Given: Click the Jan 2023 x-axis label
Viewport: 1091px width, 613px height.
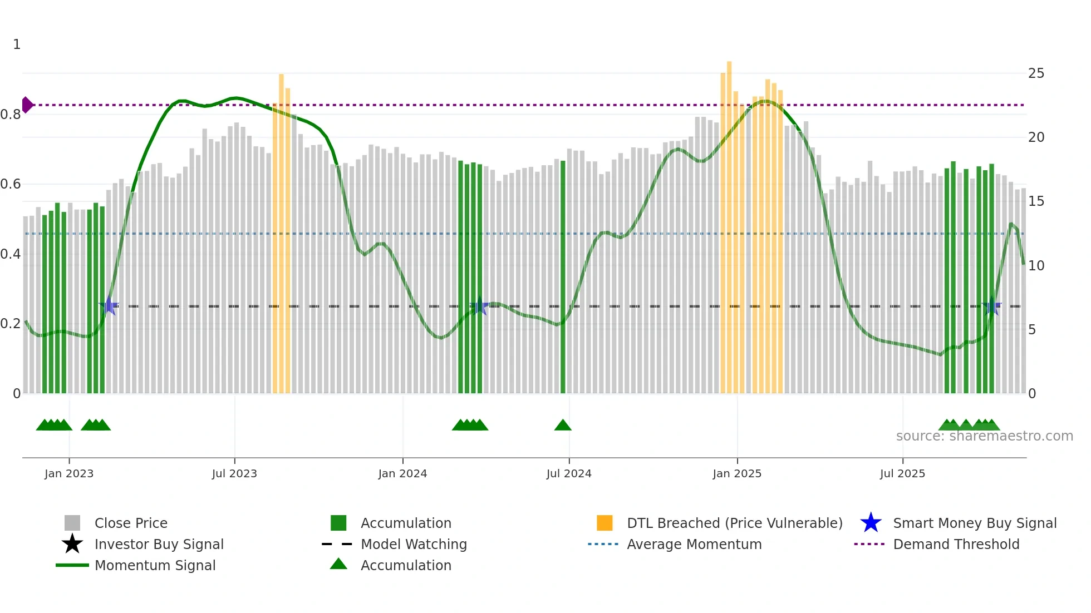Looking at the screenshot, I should [69, 474].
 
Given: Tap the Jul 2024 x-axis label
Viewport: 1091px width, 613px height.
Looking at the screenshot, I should [569, 474].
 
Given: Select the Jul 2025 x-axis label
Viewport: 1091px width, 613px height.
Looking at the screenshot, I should [902, 474].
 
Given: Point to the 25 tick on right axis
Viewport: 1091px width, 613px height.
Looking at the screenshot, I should [1036, 73].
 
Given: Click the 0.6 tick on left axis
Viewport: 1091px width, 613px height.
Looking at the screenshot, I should [11, 184].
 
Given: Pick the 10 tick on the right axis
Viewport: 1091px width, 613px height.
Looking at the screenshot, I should [1036, 266].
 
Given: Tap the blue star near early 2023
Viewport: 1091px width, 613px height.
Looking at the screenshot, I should [109, 305].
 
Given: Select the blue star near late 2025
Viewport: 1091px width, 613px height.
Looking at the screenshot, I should [991, 305].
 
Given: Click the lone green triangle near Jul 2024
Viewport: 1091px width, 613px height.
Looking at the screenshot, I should [563, 426].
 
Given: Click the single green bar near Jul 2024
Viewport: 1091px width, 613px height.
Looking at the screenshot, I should [563, 278].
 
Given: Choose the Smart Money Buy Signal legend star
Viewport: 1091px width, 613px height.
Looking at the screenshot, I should [871, 523].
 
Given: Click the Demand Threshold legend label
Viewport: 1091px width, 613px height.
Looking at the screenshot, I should [956, 545].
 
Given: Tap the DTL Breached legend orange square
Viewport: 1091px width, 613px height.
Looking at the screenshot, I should [605, 523].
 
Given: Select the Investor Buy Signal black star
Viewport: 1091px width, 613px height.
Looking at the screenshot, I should [72, 545].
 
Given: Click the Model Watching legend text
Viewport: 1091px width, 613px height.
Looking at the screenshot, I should [414, 545].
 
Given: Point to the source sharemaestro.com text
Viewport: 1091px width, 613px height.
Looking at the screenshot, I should [984, 436].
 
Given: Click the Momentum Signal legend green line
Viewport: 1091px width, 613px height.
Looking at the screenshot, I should [72, 565].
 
